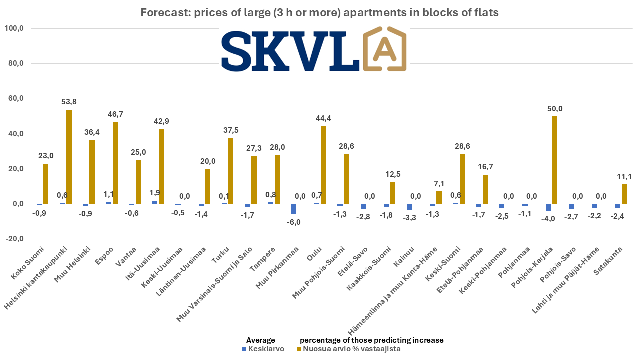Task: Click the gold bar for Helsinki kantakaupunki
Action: (x=69, y=157)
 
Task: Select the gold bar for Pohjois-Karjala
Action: (x=555, y=160)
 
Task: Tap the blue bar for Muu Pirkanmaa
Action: (x=294, y=209)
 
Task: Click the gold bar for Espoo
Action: (x=115, y=163)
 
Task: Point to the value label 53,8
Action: (x=69, y=102)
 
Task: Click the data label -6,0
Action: (x=294, y=222)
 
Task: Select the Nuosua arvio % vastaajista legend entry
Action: (x=349, y=349)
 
